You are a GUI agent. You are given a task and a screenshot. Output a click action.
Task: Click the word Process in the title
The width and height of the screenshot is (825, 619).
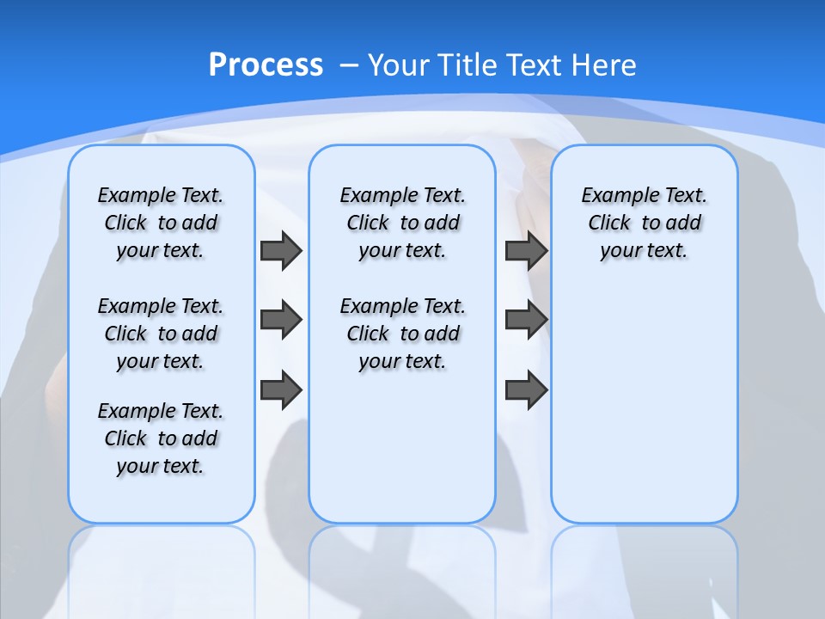pos(266,64)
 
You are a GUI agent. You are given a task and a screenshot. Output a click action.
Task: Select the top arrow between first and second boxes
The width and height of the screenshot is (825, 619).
pos(281,250)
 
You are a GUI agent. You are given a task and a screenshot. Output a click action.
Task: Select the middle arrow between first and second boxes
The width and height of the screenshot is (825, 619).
pos(281,320)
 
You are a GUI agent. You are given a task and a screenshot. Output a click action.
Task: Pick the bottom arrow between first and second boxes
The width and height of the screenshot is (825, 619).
pos(281,389)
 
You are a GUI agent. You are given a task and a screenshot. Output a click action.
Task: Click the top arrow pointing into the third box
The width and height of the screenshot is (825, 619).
pos(526,250)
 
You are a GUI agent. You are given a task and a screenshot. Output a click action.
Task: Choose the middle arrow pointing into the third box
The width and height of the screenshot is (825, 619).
pos(526,320)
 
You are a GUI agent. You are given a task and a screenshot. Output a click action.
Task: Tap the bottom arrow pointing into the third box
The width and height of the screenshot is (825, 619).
pos(526,389)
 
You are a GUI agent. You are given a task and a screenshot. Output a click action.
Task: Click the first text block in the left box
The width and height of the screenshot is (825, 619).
pos(161,223)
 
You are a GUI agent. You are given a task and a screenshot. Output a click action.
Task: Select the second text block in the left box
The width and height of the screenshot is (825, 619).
pos(161,334)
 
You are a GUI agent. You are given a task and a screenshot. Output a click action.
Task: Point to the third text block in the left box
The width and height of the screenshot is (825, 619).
pos(161,438)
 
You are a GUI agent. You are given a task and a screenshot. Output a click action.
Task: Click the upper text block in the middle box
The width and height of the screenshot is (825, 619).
pos(402,223)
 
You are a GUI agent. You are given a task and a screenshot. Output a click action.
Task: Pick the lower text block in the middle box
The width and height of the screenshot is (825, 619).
pos(402,334)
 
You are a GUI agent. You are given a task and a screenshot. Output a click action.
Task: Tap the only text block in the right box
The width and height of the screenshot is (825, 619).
pos(645,223)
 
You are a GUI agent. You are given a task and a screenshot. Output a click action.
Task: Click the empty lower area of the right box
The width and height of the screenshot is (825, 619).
pos(645,413)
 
